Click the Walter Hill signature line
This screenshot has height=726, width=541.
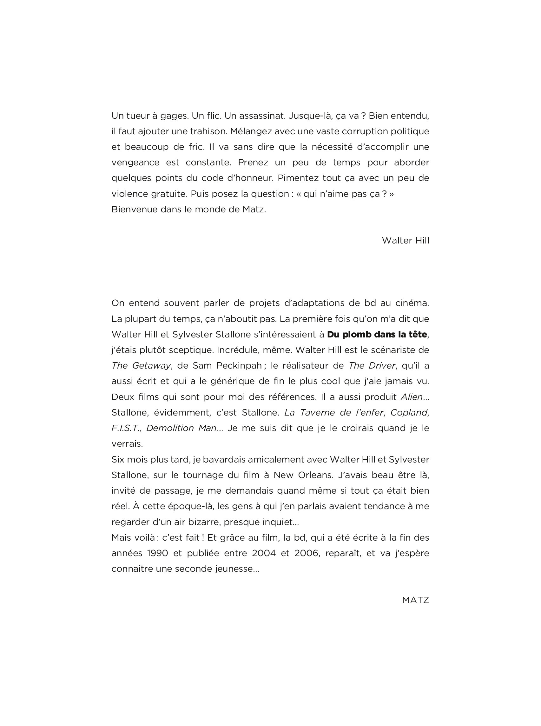coord(405,241)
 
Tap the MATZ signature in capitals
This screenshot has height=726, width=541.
coord(415,600)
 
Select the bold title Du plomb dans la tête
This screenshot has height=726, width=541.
coord(377,335)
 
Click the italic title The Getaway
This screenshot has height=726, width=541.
coord(141,366)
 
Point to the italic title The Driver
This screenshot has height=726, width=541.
coord(372,366)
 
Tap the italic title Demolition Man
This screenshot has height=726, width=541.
coord(181,428)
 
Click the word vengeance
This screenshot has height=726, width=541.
coord(135,163)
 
